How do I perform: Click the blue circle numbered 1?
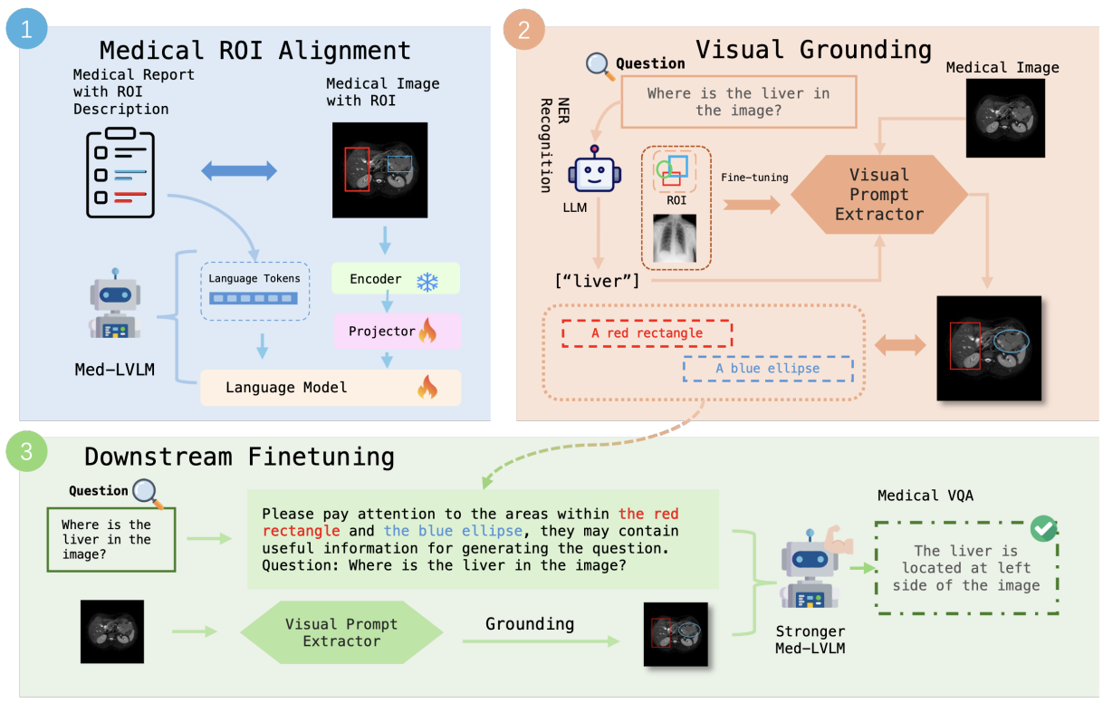pyautogui.click(x=26, y=29)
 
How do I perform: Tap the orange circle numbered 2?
pyautogui.click(x=524, y=29)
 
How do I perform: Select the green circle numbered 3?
pyautogui.click(x=26, y=451)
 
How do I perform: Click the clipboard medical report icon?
pyautogui.click(x=120, y=172)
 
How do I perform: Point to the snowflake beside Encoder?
pyautogui.click(x=427, y=282)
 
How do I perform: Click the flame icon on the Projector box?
pyautogui.click(x=428, y=331)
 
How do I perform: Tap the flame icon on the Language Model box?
pyautogui.click(x=427, y=387)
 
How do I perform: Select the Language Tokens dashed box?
pyautogui.click(x=254, y=291)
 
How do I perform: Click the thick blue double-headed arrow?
pyautogui.click(x=239, y=171)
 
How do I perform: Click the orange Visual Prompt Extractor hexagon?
pyautogui.click(x=879, y=195)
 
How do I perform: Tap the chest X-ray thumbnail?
pyautogui.click(x=675, y=238)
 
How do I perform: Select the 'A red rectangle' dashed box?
pyautogui.click(x=647, y=333)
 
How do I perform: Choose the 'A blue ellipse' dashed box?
pyautogui.click(x=768, y=369)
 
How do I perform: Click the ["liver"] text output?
pyautogui.click(x=597, y=282)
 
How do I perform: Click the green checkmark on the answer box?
pyautogui.click(x=1043, y=528)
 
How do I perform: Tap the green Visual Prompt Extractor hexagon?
pyautogui.click(x=341, y=632)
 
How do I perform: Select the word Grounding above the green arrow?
pyautogui.click(x=530, y=624)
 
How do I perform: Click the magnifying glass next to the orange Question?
pyautogui.click(x=600, y=66)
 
